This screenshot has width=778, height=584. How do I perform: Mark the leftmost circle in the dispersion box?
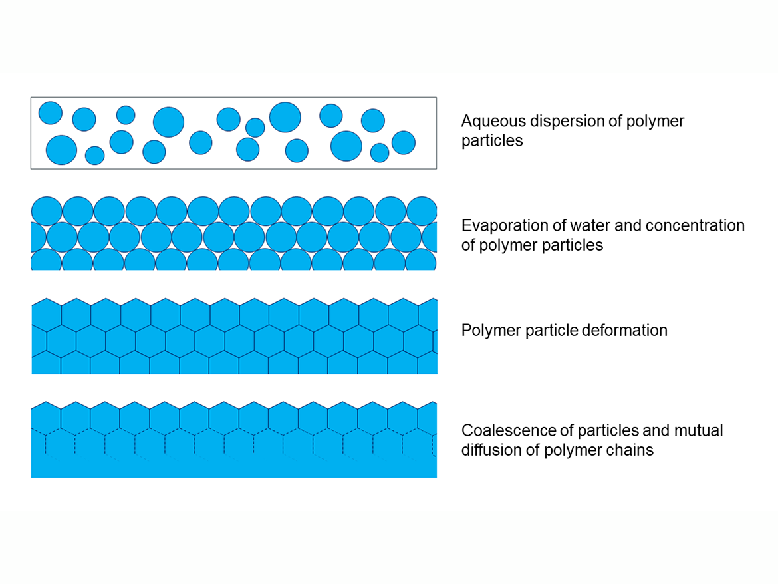pyautogui.click(x=50, y=112)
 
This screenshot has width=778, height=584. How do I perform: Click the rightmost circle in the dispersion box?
pyautogui.click(x=403, y=142)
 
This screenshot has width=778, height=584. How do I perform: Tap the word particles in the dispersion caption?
pyautogui.click(x=492, y=142)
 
